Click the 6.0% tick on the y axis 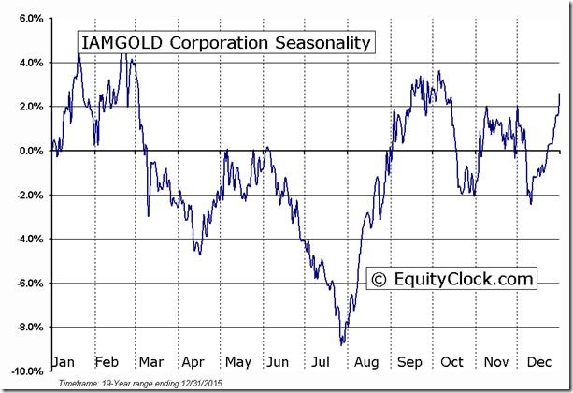(29, 19)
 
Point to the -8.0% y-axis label (28, 327)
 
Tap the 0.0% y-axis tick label (29, 151)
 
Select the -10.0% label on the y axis (26, 371)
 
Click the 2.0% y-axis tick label (29, 107)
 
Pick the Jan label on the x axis (65, 361)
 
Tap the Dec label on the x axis (538, 361)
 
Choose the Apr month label (193, 361)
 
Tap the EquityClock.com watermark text (462, 278)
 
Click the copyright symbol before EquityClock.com (380, 278)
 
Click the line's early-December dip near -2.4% (531, 203)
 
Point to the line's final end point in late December (560, 94)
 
